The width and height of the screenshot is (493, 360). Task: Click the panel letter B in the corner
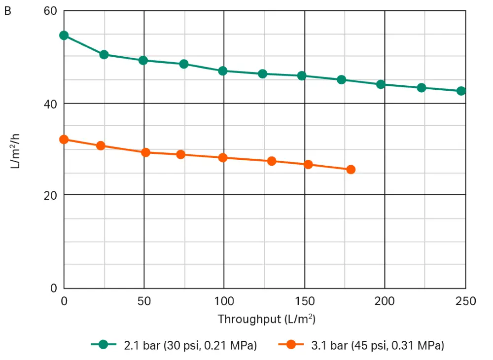pos(7,11)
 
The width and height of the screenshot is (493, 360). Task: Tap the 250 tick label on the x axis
pos(465,301)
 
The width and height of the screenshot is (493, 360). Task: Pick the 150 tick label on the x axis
pos(305,301)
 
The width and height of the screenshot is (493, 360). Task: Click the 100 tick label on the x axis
pos(224,301)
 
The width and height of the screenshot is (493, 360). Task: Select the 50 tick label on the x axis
pos(144,301)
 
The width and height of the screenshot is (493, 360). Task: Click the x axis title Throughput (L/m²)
pos(267,319)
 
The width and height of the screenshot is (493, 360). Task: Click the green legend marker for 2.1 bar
pos(104,345)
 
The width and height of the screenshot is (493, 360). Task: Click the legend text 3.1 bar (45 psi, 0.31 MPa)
pos(378,345)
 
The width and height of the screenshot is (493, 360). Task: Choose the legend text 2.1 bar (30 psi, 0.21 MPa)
pos(190,345)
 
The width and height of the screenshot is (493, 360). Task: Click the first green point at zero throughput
pos(64,36)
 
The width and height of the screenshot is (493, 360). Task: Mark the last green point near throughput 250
pos(461,91)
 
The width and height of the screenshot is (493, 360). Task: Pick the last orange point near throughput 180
pos(351,170)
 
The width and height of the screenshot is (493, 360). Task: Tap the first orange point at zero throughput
pos(64,140)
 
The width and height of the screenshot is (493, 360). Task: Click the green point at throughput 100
pos(223,71)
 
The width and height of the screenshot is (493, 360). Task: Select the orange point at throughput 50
pos(145,152)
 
